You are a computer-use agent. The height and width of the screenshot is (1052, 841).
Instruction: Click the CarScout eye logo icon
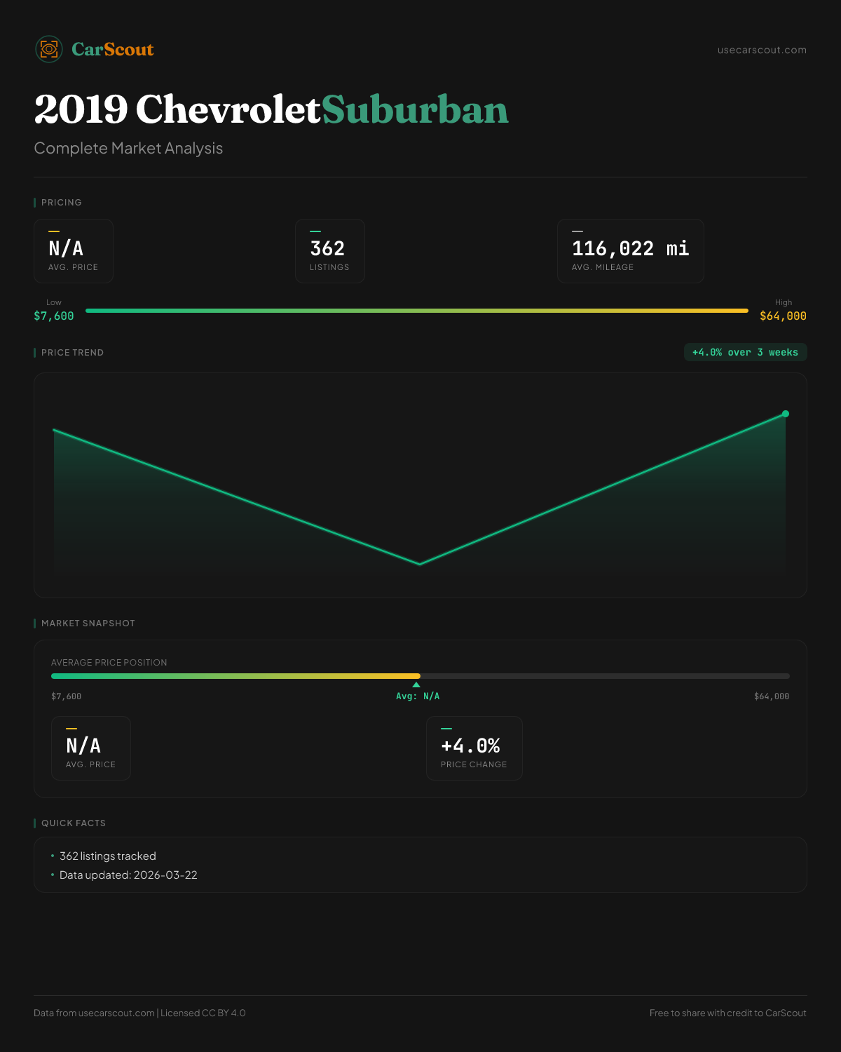click(x=49, y=49)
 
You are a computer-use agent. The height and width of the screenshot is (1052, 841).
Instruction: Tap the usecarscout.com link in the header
click(x=762, y=50)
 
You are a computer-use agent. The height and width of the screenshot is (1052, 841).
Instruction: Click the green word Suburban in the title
click(x=415, y=110)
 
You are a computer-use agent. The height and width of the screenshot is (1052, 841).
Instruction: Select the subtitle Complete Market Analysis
click(x=128, y=148)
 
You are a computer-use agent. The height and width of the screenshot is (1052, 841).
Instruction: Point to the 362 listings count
click(x=327, y=248)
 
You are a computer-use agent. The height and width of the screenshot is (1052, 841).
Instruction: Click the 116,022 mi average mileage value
click(x=630, y=248)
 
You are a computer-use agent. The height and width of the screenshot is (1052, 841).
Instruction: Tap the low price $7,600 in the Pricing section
click(x=54, y=316)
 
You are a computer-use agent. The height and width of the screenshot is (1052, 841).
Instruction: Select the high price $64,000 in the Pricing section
click(x=783, y=316)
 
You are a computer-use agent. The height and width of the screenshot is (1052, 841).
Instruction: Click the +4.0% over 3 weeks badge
click(x=745, y=352)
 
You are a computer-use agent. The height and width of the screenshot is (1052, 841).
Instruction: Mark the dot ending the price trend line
click(x=786, y=414)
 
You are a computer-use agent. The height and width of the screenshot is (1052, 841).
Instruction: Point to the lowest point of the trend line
click(x=420, y=564)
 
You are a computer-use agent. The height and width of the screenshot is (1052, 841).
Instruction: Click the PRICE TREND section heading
click(x=72, y=353)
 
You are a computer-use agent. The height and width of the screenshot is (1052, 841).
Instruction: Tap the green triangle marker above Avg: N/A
click(x=416, y=685)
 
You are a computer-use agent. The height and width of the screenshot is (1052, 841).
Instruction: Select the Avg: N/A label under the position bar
click(x=418, y=696)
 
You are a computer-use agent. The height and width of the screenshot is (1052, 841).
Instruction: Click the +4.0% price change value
click(x=470, y=746)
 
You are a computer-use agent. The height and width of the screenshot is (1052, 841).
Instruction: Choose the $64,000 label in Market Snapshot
click(x=772, y=696)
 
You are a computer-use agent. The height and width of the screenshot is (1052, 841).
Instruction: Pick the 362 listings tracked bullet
click(x=108, y=856)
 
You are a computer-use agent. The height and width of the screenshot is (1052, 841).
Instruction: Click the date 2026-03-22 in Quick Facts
click(x=165, y=875)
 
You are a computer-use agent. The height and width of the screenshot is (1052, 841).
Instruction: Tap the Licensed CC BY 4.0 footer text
click(x=203, y=1013)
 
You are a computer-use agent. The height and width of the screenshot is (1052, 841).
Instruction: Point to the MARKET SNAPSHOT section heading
click(x=88, y=623)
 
